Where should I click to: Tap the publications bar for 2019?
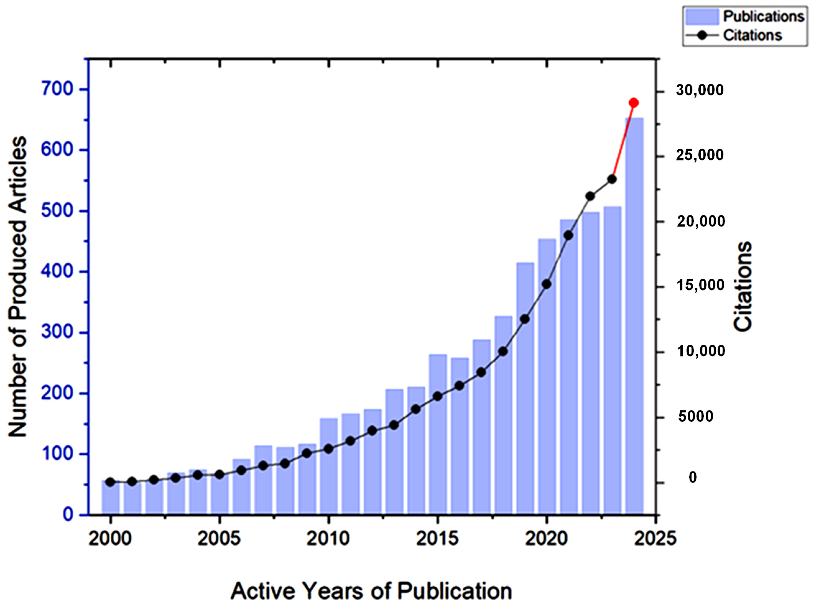(x=525, y=388)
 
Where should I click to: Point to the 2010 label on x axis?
(x=328, y=539)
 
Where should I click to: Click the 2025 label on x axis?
(x=655, y=539)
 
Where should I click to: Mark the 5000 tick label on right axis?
(x=695, y=416)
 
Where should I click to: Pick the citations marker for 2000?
(x=110, y=482)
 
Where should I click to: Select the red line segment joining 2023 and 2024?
(x=623, y=141)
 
